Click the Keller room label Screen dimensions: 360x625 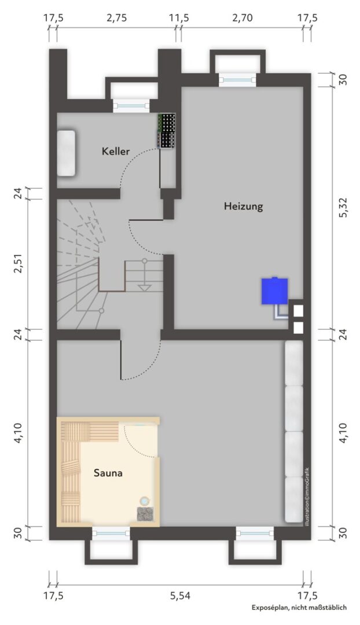(116, 152)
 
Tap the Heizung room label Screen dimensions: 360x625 (243, 207)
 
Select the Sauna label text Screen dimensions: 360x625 (108, 473)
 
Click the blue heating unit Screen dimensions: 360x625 (275, 291)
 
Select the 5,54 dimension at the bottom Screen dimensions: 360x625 (180, 596)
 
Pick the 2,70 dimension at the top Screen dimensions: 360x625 (243, 19)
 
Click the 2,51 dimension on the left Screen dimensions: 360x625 (19, 263)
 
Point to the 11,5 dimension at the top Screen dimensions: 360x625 (179, 19)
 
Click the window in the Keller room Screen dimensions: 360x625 (131, 105)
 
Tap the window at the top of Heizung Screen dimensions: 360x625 (237, 80)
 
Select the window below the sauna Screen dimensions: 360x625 (111, 533)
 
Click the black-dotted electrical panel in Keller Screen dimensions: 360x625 (167, 131)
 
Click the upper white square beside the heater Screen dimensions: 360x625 (298, 310)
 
